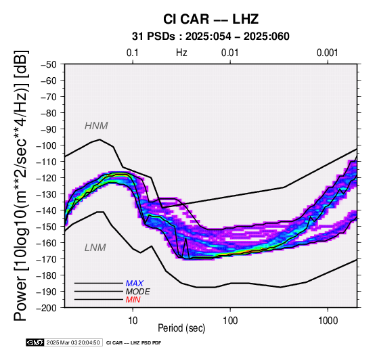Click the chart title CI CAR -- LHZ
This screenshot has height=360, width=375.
[x=211, y=19]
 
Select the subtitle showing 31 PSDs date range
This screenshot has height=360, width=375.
[x=211, y=37]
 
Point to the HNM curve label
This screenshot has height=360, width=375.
[x=96, y=126]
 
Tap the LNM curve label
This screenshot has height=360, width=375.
[x=95, y=248]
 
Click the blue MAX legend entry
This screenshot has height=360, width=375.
[x=135, y=284]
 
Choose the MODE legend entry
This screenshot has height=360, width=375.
[x=138, y=292]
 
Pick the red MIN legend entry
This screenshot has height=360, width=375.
[x=133, y=300]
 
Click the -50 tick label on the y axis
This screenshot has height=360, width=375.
[x=49, y=64]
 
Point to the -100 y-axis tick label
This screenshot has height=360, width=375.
[x=47, y=145]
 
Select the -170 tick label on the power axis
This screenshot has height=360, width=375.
[x=47, y=259]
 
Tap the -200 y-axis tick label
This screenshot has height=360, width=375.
[x=47, y=308]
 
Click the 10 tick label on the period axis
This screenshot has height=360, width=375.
[x=133, y=321]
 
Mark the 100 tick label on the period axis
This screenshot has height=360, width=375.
[x=230, y=321]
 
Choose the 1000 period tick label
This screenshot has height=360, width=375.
[x=328, y=321]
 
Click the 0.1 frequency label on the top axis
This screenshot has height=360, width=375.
[x=133, y=53]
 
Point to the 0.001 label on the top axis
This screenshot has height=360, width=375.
[x=328, y=53]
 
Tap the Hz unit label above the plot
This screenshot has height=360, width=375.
[x=181, y=53]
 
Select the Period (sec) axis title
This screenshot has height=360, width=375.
[x=181, y=328]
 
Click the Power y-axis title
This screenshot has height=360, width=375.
[x=21, y=185]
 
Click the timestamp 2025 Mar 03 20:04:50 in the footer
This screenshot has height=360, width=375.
[x=73, y=342]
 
